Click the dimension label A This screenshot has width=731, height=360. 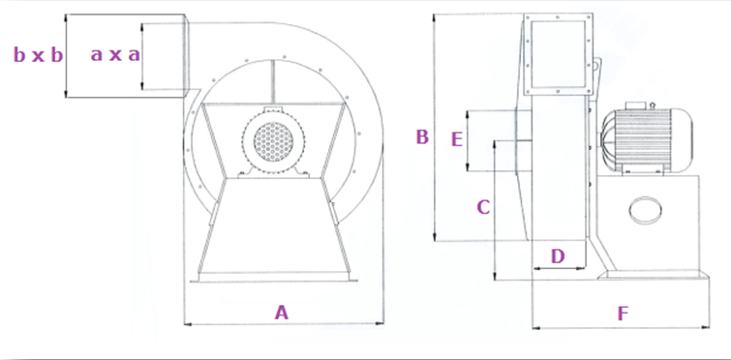(x=281, y=313)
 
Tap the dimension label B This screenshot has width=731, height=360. (x=422, y=137)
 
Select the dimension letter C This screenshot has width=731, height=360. (x=483, y=207)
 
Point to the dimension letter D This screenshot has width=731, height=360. (x=558, y=256)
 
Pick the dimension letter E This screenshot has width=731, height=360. (x=457, y=139)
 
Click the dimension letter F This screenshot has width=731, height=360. (x=623, y=314)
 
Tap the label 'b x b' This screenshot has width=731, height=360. (x=38, y=55)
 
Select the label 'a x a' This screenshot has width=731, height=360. (x=115, y=55)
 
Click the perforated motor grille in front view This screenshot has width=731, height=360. (x=274, y=142)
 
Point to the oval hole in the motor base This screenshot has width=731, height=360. (x=646, y=211)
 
